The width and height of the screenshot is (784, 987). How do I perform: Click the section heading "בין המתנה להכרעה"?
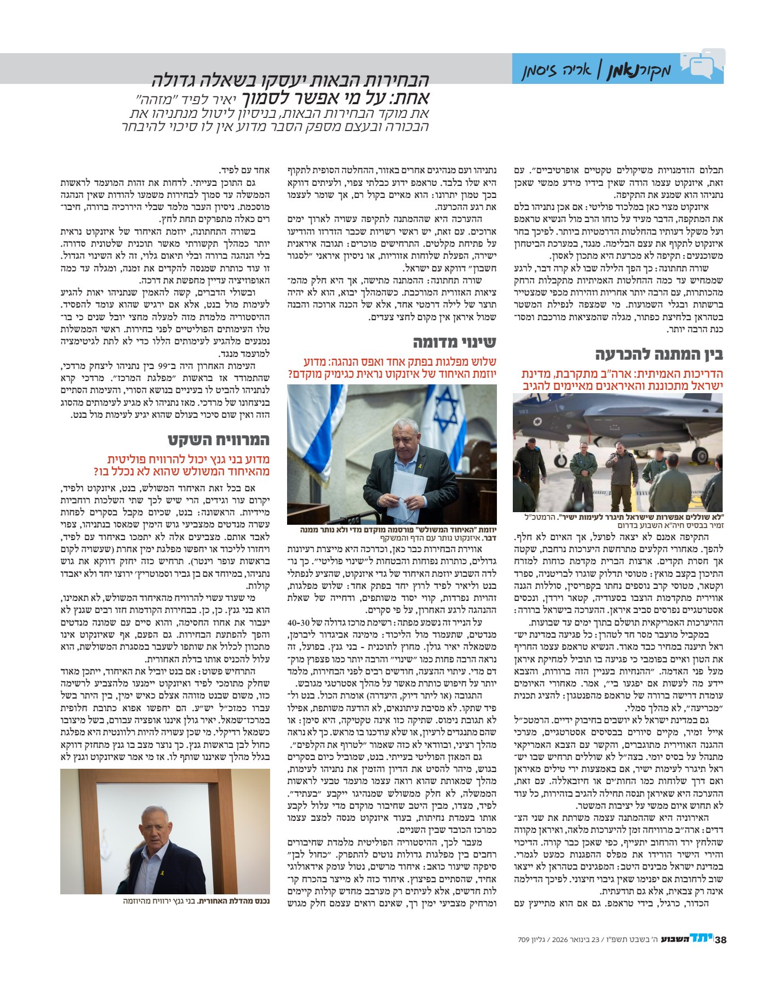pos(659,354)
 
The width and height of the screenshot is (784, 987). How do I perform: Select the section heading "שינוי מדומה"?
pos(454,342)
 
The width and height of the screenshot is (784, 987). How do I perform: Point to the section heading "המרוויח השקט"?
pos(219,440)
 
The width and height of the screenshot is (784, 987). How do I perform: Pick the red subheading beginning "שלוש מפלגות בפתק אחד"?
pos(392,367)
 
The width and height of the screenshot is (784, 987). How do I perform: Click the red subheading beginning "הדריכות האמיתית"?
pos(622,379)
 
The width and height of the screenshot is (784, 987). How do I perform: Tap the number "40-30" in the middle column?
pos(299,622)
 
